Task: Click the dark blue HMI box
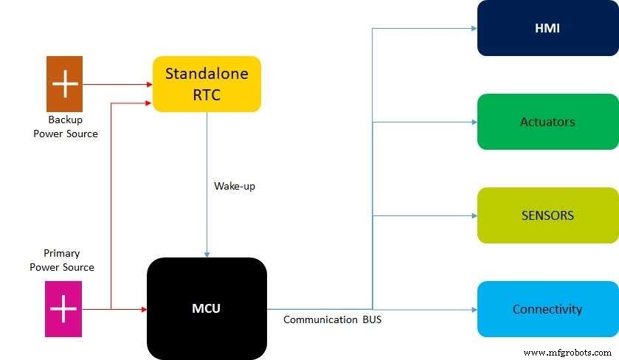(x=547, y=28)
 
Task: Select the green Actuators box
(x=547, y=122)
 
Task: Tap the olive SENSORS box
(x=547, y=215)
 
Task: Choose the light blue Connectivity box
(x=547, y=309)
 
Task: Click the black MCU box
(x=207, y=308)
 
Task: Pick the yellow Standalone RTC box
(x=207, y=84)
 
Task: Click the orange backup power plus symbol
(x=65, y=84)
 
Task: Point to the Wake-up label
(x=235, y=186)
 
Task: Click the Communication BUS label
(x=333, y=320)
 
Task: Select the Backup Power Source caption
(x=65, y=126)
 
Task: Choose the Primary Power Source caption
(x=62, y=260)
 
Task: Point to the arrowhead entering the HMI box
(x=474, y=28)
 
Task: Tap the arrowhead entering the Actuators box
(x=474, y=122)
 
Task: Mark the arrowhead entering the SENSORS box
(x=474, y=215)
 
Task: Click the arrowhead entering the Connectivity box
(x=474, y=309)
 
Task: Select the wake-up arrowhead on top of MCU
(x=207, y=254)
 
